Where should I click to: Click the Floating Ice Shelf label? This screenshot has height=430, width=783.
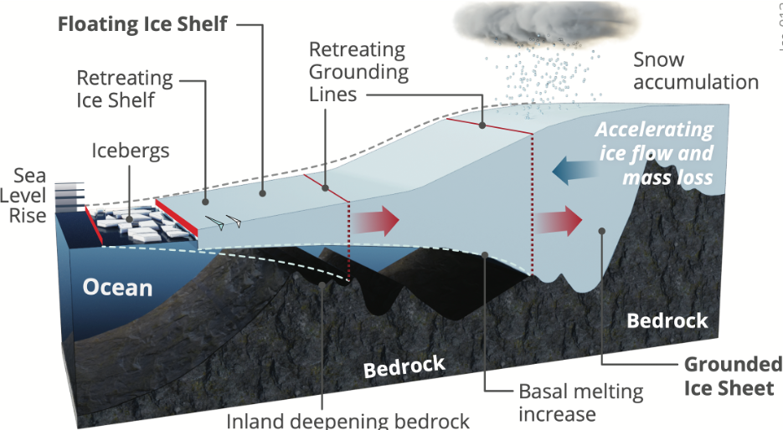(142, 23)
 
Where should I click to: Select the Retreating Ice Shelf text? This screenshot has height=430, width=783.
(125, 89)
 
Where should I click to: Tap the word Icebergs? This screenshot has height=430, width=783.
(131, 151)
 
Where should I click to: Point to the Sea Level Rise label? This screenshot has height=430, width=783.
(29, 197)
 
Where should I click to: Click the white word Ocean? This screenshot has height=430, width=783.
(117, 288)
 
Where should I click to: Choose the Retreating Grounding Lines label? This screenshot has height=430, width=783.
(358, 72)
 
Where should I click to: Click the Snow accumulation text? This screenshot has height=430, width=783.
(695, 71)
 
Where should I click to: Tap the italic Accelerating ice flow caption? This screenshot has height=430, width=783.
(655, 154)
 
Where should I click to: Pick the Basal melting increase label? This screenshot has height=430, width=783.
(580, 402)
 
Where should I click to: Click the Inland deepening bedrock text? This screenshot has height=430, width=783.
(348, 420)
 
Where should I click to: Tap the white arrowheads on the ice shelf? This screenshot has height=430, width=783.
(224, 223)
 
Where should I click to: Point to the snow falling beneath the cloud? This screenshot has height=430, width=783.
(545, 75)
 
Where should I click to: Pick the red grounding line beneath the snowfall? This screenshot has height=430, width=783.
(490, 126)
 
